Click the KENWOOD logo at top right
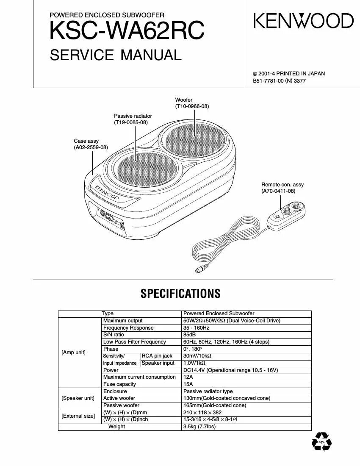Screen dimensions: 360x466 [303, 21]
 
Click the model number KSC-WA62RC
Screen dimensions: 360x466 [127, 31]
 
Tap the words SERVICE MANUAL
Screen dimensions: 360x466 [116, 55]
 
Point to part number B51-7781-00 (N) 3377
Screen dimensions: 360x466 [279, 80]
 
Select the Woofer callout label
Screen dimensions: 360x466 [192, 103]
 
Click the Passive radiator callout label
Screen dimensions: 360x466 [133, 119]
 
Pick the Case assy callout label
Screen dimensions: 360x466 [91, 144]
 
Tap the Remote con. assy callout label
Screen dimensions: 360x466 [282, 188]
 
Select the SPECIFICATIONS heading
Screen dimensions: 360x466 [180, 294]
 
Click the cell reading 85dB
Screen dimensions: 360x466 [189, 335]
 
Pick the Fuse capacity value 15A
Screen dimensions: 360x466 [188, 384]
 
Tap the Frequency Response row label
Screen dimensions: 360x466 [128, 328]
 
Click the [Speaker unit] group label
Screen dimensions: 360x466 [78, 398]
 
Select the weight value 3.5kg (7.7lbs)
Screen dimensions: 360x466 [199, 427]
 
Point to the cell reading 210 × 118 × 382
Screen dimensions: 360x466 [202, 412]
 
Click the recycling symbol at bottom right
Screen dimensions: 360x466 [321, 441]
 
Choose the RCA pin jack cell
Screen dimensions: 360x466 [157, 356]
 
